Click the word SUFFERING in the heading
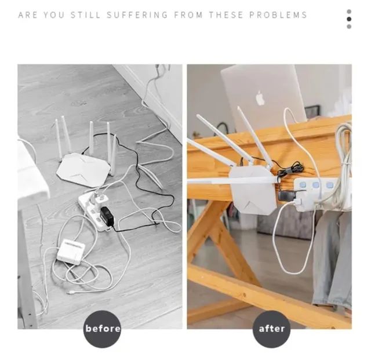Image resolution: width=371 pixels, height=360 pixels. [137, 15]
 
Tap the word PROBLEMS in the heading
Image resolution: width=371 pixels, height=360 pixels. [278, 15]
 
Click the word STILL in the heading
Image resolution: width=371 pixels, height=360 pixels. [86, 15]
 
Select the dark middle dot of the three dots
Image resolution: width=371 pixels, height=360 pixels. [349, 19]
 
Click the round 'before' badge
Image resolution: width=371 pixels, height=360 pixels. [102, 329]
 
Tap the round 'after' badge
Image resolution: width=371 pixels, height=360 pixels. [271, 329]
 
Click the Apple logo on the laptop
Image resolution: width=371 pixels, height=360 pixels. [260, 98]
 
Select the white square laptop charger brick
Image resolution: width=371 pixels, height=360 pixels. [71, 252]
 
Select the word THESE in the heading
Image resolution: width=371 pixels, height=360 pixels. [226, 15]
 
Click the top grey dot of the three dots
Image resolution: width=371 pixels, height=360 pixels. [349, 12]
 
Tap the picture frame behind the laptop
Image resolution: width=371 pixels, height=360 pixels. [312, 112]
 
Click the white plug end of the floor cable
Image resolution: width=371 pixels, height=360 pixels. [70, 293]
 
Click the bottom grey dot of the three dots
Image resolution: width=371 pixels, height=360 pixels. [349, 27]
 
